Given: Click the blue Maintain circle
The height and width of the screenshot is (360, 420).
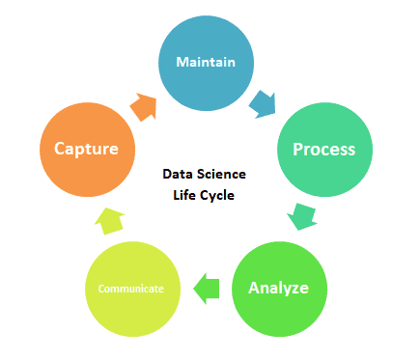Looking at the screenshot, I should click(207, 63).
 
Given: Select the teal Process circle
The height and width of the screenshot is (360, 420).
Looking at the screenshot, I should click(323, 150).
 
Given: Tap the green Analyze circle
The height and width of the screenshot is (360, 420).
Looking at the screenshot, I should click(279, 288).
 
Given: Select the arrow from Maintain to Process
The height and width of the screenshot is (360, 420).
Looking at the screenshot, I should click(263, 101).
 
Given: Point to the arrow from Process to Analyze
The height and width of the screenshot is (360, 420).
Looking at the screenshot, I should click(302, 216).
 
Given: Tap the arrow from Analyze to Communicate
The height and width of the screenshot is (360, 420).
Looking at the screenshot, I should click(206, 287).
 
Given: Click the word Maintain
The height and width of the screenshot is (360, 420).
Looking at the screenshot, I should click(207, 63).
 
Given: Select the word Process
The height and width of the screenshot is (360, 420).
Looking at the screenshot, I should click(323, 150).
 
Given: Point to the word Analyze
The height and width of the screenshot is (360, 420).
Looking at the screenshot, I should click(279, 288).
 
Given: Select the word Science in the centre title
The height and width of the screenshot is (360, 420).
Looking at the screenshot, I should click(223, 175).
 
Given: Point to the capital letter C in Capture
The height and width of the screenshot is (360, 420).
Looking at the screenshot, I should click(61, 150).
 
